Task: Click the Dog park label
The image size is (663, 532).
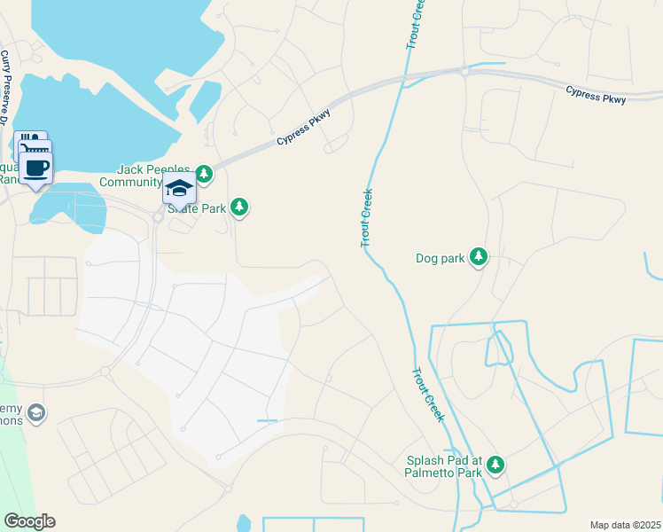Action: click(x=441, y=259)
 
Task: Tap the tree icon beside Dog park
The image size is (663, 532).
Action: click(x=479, y=257)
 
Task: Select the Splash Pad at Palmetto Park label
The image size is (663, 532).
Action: click(x=444, y=466)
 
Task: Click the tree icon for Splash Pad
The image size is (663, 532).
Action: click(x=496, y=465)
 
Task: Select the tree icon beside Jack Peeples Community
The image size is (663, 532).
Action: click(x=205, y=174)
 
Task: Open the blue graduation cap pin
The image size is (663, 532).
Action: click(x=179, y=189)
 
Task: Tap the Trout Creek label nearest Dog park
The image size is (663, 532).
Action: click(x=366, y=218)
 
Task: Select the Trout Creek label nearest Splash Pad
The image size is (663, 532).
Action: click(x=427, y=395)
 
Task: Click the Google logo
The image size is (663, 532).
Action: click(x=29, y=521)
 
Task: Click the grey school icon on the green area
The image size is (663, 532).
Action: click(x=36, y=413)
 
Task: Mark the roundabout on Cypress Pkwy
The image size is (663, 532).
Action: click(x=464, y=71)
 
